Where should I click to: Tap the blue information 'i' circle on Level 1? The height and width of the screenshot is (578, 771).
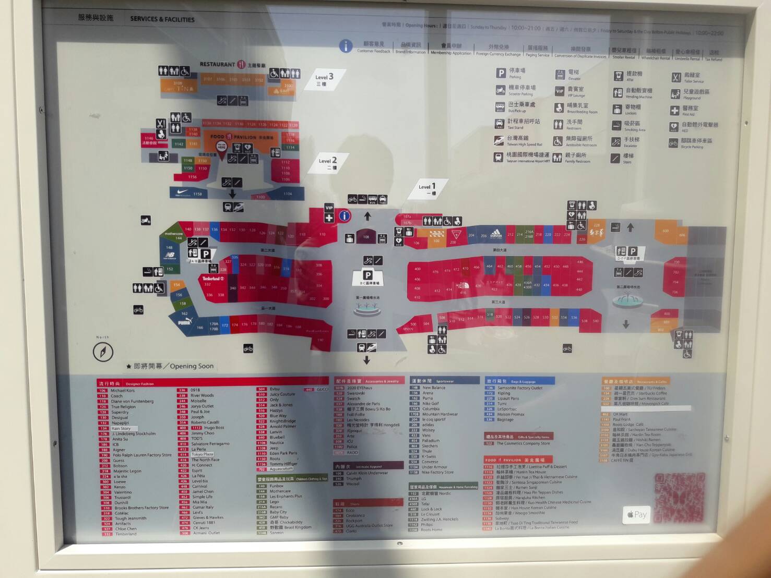pos(344,215)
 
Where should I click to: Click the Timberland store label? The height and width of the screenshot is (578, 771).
pos(213,279)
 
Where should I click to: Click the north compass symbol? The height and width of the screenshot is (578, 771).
pos(103,352)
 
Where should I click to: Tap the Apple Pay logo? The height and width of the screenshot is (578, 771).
pos(636,514)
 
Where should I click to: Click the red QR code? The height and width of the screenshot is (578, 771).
pos(679,498)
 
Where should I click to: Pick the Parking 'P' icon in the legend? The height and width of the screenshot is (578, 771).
pos(501,74)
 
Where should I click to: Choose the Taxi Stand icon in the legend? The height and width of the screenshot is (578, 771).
pos(500,124)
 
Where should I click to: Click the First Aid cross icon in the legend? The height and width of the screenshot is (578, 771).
pos(674,111)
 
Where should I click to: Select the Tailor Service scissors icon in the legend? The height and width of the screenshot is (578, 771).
pos(676,78)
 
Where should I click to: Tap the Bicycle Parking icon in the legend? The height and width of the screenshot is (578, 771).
pos(673,143)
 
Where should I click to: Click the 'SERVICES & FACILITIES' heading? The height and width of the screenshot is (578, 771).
pos(162,19)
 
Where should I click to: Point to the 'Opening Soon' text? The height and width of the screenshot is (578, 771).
pos(191,366)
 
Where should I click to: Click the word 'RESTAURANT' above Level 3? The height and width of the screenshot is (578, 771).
pos(217,64)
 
